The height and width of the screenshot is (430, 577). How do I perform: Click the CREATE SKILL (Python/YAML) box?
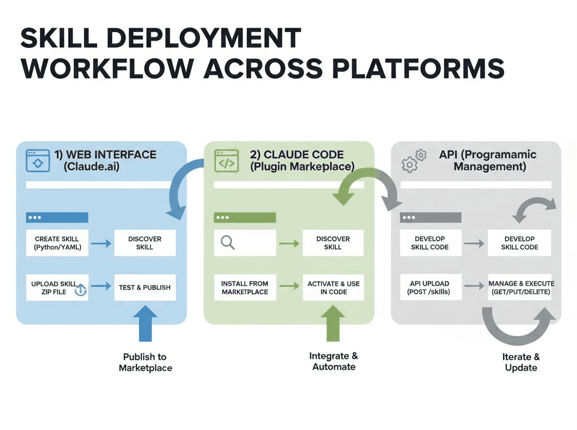57,243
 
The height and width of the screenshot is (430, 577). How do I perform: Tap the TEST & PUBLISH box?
145,287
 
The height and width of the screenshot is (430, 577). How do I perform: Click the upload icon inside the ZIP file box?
80,290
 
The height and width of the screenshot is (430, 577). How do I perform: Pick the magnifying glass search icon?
228,243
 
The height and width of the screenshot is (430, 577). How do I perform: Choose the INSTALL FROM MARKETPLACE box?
245,287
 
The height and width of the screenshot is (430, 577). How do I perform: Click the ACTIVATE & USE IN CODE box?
333,287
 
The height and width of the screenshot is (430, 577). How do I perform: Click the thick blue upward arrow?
145,323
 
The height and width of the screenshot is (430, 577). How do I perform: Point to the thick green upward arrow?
332,323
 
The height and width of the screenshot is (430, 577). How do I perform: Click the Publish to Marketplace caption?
145,362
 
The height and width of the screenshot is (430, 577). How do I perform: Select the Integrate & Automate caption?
334,361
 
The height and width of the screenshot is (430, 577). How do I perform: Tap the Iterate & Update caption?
521,362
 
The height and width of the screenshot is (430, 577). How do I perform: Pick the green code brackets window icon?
227,161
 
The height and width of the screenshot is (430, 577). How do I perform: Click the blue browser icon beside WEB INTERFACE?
38,160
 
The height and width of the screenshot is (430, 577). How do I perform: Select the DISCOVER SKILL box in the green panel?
333,243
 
